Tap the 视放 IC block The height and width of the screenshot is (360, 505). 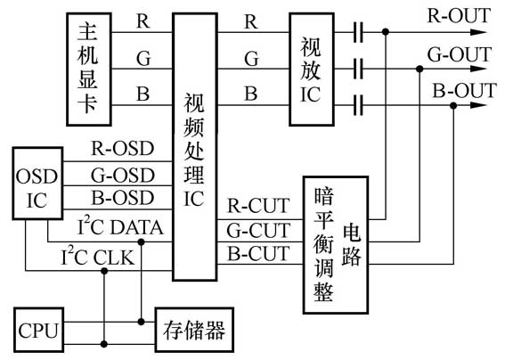point(309,70)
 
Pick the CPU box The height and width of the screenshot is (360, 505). point(38,331)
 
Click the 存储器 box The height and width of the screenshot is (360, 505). point(191,331)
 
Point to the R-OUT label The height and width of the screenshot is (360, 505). point(461,17)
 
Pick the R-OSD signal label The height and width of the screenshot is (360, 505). point(123,148)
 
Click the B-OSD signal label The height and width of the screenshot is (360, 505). point(123,197)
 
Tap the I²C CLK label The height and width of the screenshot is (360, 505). point(112,258)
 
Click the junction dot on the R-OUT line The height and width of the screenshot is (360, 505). point(385,32)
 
